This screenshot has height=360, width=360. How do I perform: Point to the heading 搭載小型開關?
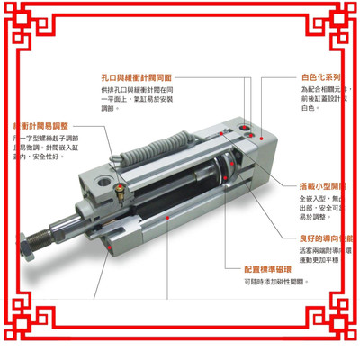pos(319,185)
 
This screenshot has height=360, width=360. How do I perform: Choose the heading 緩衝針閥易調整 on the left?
pos(40,125)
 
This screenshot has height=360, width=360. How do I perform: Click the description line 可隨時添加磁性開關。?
pos(275,282)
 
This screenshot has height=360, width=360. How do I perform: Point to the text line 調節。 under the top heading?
pos(111,108)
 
